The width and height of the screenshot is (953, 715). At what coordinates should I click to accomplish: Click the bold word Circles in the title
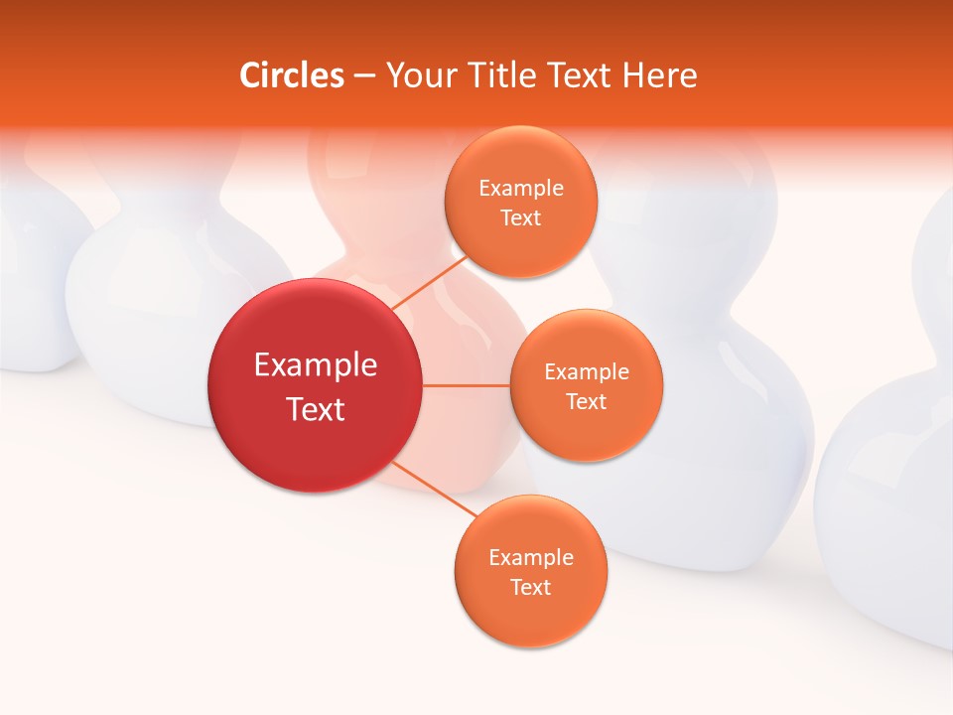pyautogui.click(x=292, y=75)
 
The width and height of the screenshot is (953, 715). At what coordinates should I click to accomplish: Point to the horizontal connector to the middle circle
pyautogui.click(x=466, y=385)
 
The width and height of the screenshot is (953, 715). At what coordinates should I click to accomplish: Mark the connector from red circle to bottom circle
pyautogui.click(x=429, y=488)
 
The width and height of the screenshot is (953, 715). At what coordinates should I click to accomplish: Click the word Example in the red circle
pyautogui.click(x=316, y=365)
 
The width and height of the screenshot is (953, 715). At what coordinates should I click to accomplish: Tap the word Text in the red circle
pyautogui.click(x=316, y=409)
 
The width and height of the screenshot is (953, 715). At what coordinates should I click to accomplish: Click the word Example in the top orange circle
pyautogui.click(x=521, y=189)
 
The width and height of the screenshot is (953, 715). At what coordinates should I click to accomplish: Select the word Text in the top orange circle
pyautogui.click(x=521, y=218)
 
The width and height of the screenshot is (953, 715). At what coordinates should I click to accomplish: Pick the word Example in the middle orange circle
pyautogui.click(x=587, y=372)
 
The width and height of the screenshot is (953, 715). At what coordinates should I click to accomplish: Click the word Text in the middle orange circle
pyautogui.click(x=587, y=402)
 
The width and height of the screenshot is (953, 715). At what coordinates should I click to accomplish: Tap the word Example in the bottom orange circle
pyautogui.click(x=531, y=558)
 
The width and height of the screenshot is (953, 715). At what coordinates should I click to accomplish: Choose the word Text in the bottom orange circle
pyautogui.click(x=531, y=588)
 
